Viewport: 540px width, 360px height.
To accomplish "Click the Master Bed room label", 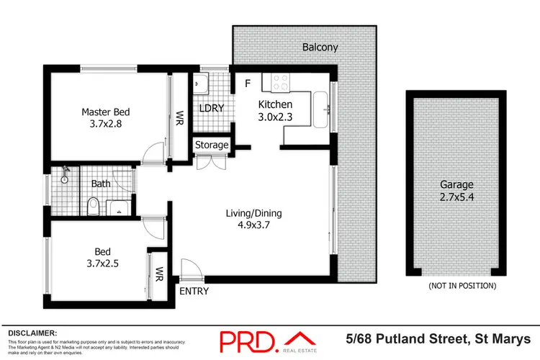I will [x=105, y=112].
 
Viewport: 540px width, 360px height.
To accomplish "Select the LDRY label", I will [x=212, y=109].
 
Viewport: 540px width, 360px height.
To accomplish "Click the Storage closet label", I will [x=212, y=145].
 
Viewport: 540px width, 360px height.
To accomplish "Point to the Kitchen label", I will [x=276, y=104].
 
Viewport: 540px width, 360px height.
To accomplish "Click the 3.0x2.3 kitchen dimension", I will [x=276, y=117].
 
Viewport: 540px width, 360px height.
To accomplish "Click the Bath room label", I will [x=101, y=184].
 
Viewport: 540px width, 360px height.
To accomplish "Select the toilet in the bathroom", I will [x=91, y=208].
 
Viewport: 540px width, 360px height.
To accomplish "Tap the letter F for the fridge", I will [x=247, y=84].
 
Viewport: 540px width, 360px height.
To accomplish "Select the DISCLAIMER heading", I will [x=32, y=333].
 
